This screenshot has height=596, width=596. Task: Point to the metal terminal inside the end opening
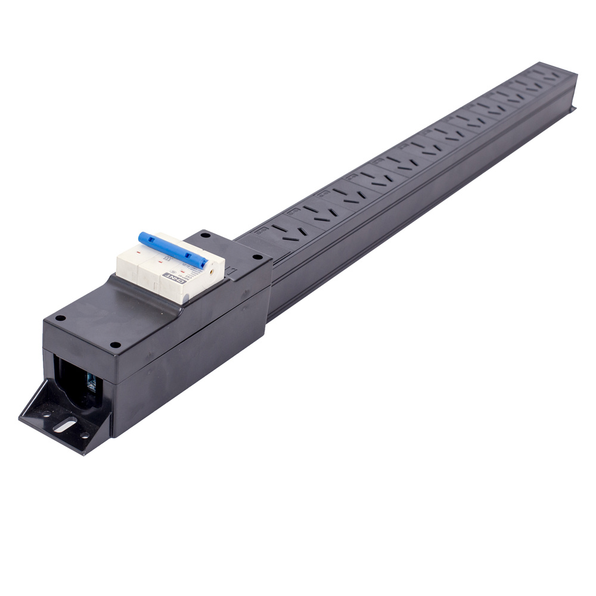click(91, 381)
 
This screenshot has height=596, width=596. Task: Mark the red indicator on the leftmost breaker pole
click(138, 253)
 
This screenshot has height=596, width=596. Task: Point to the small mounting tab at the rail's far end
click(573, 108)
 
